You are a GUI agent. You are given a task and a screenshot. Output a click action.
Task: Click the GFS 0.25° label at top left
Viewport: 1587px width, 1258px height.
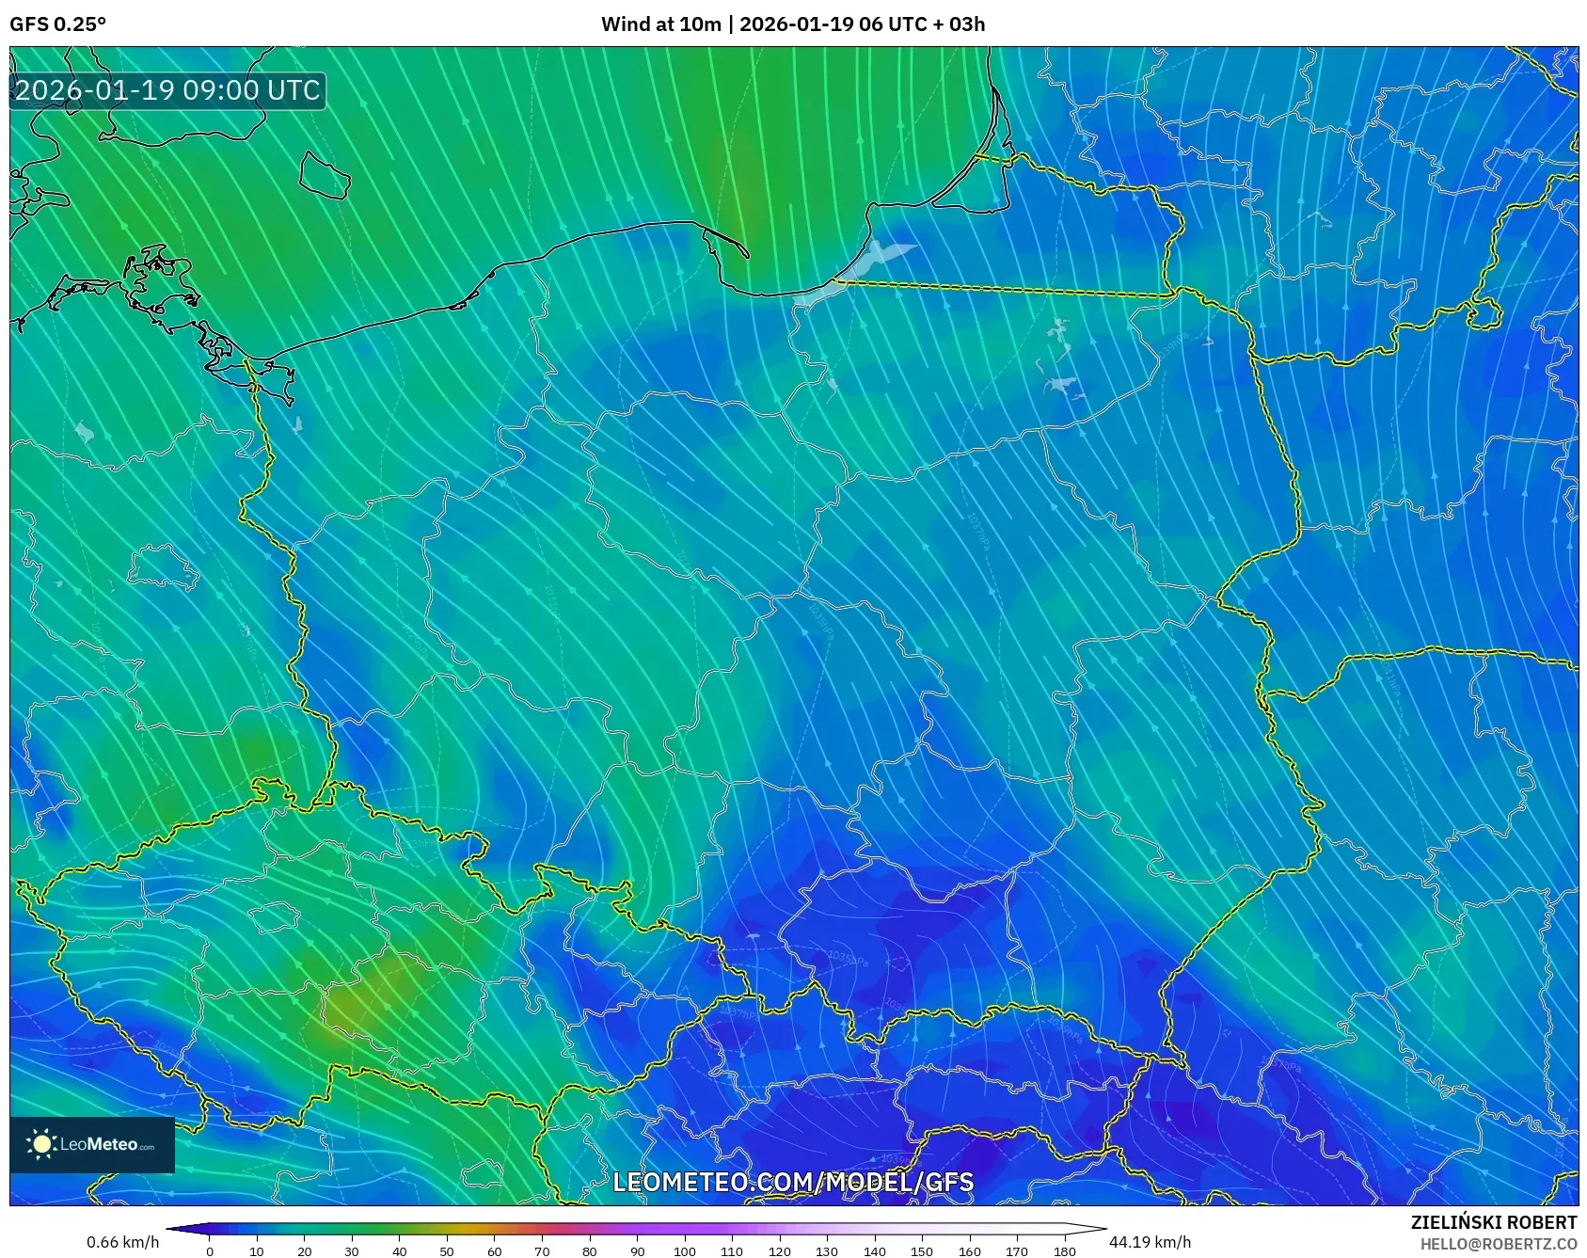click(x=57, y=24)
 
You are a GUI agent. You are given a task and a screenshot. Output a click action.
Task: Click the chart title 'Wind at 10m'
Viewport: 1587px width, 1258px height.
click(x=660, y=24)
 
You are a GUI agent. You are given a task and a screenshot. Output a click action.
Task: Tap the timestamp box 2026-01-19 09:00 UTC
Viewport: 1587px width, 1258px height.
click(x=167, y=90)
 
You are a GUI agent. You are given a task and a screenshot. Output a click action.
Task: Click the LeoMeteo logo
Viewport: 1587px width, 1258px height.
click(x=92, y=1144)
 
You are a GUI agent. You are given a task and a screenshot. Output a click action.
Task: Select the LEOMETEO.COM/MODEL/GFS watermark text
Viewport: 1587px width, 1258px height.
click(x=793, y=1182)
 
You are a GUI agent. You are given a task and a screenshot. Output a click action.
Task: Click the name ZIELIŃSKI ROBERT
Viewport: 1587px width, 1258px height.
click(x=1493, y=1222)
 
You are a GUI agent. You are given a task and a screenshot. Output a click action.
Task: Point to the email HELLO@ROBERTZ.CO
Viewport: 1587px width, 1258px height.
click(x=1498, y=1244)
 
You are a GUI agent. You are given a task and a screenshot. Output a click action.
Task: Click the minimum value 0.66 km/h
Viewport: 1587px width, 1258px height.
click(x=122, y=1242)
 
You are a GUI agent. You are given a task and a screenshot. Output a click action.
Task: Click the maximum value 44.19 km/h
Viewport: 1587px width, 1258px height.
click(x=1150, y=1242)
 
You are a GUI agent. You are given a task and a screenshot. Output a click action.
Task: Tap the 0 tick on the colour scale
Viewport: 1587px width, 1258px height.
click(x=210, y=1251)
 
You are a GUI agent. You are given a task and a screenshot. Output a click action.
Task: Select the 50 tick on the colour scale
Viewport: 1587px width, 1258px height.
click(x=447, y=1251)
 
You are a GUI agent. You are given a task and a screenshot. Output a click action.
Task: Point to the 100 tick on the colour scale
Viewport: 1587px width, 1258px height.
click(x=684, y=1251)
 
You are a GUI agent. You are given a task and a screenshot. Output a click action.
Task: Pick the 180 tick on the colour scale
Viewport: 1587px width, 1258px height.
click(x=1064, y=1251)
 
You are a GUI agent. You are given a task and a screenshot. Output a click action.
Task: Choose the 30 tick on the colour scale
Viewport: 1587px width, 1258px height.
click(x=352, y=1251)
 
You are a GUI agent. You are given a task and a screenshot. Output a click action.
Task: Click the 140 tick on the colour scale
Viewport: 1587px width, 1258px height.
click(x=874, y=1251)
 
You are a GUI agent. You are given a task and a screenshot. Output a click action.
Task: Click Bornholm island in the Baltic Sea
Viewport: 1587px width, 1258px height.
click(x=324, y=175)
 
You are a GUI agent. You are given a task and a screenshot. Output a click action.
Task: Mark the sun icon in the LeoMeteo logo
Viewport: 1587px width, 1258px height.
click(x=41, y=1144)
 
